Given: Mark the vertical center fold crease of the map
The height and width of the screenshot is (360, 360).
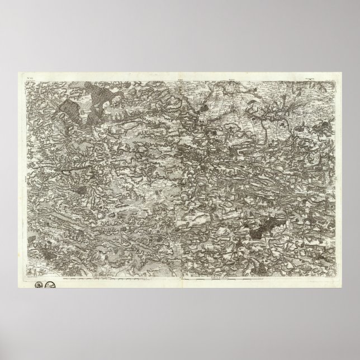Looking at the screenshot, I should click(x=179, y=179).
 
